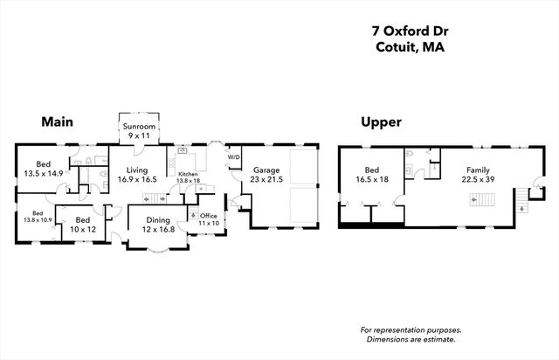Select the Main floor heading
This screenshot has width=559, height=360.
coord(57,122)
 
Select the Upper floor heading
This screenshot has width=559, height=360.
coord(381,123)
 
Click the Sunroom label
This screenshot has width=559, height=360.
coord(139,128)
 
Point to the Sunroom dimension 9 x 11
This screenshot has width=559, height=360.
coord(139,137)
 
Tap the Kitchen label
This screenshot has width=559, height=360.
coord(188,175)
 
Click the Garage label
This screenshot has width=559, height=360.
coord(266,170)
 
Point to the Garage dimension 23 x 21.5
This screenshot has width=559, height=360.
coord(266,179)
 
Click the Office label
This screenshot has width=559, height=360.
coord(208,216)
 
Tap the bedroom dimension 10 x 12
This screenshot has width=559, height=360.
coord(83,229)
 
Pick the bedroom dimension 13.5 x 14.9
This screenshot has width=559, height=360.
coord(44,173)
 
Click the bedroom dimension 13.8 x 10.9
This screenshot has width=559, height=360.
coord(38,219)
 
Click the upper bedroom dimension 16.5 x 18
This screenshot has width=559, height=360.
coord(372,179)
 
